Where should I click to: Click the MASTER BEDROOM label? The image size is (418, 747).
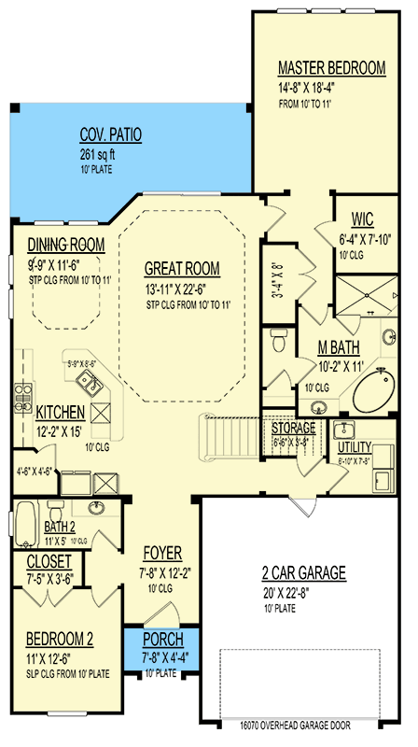point(332,68)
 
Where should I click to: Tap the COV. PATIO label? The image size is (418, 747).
point(111,135)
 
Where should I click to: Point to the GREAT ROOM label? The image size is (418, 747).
point(182,269)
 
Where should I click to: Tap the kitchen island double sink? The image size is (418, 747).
point(90,380)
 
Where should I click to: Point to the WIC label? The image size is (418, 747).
point(362,220)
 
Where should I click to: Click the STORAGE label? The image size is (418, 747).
point(293,428)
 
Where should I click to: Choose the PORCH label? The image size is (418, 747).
point(162,641)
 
